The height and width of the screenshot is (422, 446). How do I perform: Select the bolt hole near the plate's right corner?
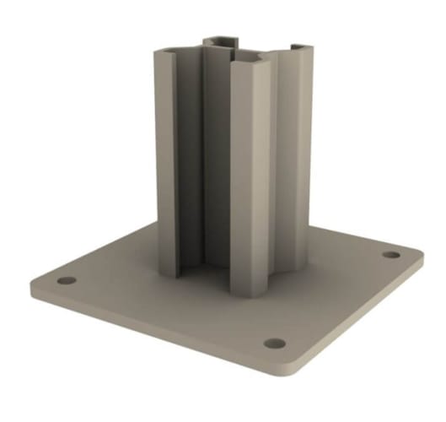point(390,254)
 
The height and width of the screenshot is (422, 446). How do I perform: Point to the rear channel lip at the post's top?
point(222,39)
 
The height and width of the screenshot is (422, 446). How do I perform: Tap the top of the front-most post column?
point(249,62)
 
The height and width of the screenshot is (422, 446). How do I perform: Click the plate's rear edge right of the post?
point(354,236)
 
